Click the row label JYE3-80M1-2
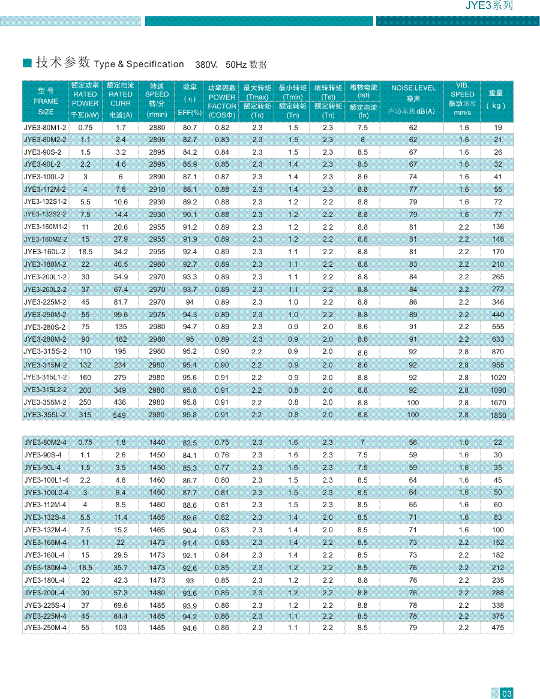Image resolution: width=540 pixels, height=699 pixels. (45, 128)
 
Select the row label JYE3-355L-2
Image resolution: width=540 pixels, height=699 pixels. (45, 415)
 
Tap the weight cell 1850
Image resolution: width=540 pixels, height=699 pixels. (498, 415)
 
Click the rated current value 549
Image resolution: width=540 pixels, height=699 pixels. (121, 415)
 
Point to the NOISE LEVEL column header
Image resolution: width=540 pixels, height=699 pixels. (413, 88)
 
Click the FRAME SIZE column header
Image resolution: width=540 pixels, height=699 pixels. (46, 101)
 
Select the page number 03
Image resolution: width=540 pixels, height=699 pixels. (506, 694)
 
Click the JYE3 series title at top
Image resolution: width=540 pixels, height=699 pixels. (490, 6)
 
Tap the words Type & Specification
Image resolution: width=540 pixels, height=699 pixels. (139, 64)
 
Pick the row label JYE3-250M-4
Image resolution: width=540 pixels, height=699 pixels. (45, 628)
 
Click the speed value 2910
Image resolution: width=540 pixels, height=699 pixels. (157, 189)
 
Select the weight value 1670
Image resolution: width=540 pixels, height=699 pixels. (498, 403)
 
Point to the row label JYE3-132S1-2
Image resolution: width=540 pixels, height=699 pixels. (45, 201)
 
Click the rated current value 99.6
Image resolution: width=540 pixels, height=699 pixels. (121, 315)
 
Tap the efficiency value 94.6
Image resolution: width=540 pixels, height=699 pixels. (190, 628)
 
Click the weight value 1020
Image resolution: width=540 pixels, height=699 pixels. (498, 378)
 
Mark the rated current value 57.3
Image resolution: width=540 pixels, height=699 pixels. (121, 593)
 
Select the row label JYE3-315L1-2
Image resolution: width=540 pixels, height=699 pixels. (45, 377)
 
